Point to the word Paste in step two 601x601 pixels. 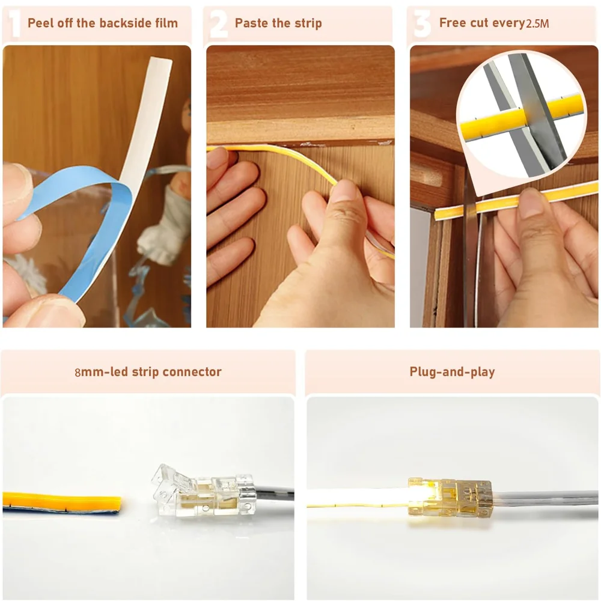tap(251, 23)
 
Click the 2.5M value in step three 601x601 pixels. tap(537, 24)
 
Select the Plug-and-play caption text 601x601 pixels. tap(453, 372)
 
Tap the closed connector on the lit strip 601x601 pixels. tap(450, 498)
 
